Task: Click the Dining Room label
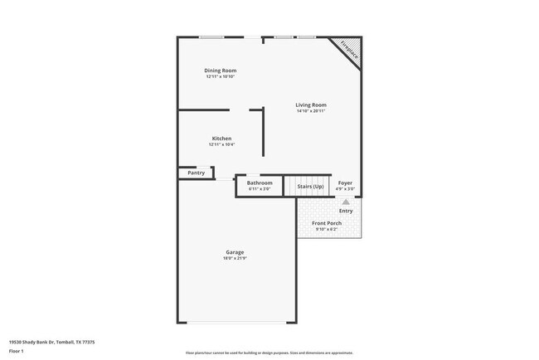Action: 221,71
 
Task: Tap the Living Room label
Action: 312,105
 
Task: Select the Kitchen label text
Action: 221,139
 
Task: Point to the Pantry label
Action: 197,173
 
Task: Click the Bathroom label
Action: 260,182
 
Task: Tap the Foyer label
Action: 345,182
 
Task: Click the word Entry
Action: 346,211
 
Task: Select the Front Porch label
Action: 327,224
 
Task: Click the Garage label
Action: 235,252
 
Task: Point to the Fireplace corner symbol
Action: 350,52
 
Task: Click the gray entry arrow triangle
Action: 346,202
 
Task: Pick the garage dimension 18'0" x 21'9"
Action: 235,258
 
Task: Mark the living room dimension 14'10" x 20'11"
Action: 312,111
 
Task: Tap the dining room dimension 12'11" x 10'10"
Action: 221,76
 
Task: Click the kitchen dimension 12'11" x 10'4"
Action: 221,144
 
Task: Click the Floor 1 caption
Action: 16,352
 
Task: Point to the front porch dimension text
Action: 327,230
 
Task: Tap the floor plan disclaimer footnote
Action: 269,352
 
